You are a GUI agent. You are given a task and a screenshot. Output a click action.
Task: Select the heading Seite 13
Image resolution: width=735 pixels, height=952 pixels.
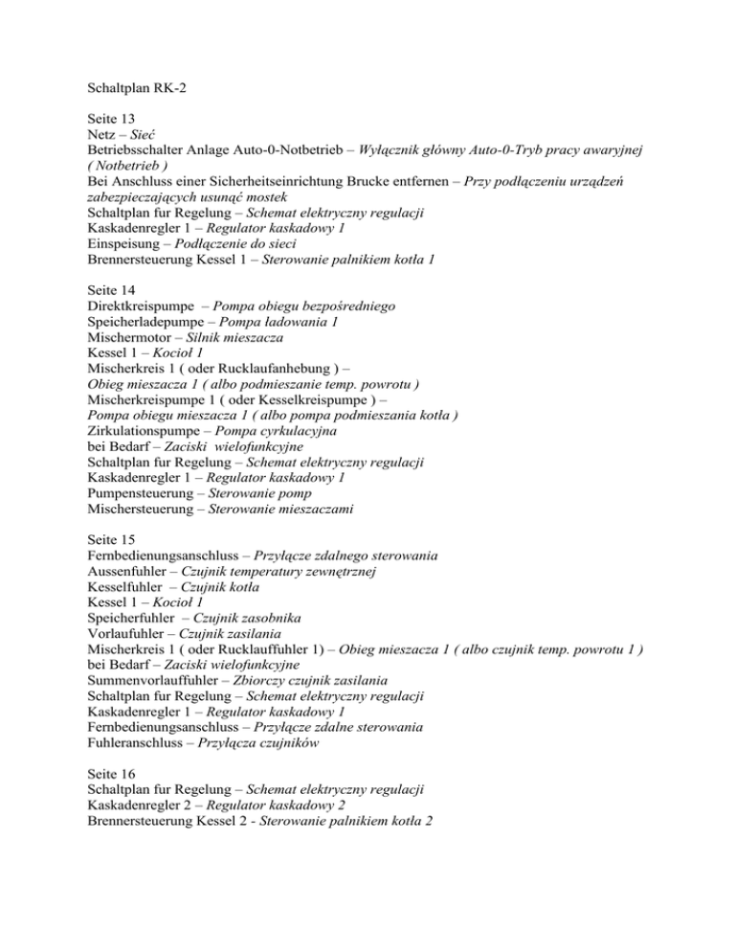click(110, 133)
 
